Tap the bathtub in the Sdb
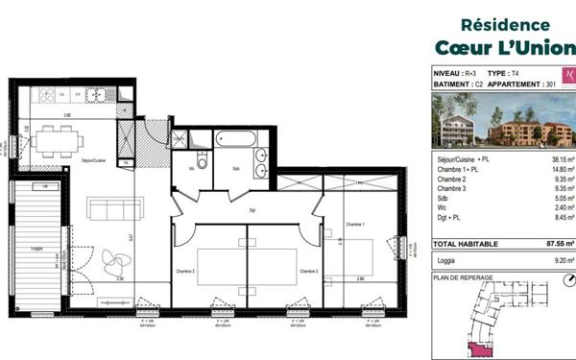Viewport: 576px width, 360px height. point(235,139)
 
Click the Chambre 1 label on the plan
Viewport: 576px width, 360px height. point(357,224)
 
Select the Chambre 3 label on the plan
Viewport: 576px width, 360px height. point(185,271)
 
